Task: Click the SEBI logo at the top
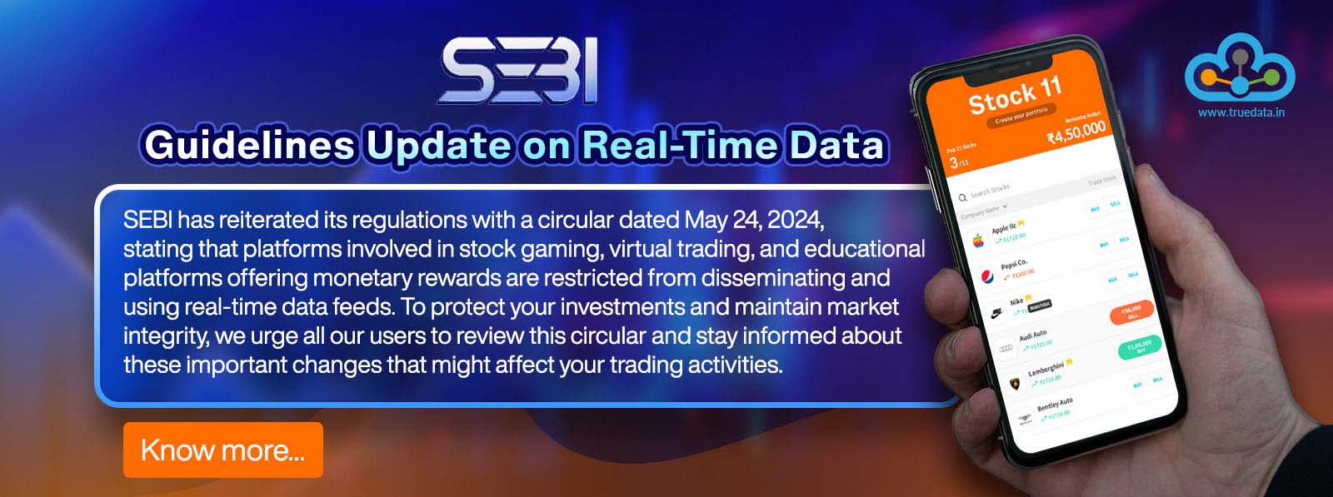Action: (x=518, y=72)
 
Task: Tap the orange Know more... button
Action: (x=222, y=450)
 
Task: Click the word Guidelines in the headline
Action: (x=249, y=145)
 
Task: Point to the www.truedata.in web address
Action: (x=1241, y=112)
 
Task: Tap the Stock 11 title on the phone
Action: (x=1015, y=95)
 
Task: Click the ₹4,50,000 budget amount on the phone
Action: (x=1076, y=132)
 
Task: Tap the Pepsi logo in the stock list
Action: (x=987, y=277)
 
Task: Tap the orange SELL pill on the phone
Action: (x=1131, y=313)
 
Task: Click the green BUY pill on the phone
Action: (x=1139, y=347)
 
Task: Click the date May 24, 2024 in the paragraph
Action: (x=754, y=220)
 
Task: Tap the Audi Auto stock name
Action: (x=1033, y=335)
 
